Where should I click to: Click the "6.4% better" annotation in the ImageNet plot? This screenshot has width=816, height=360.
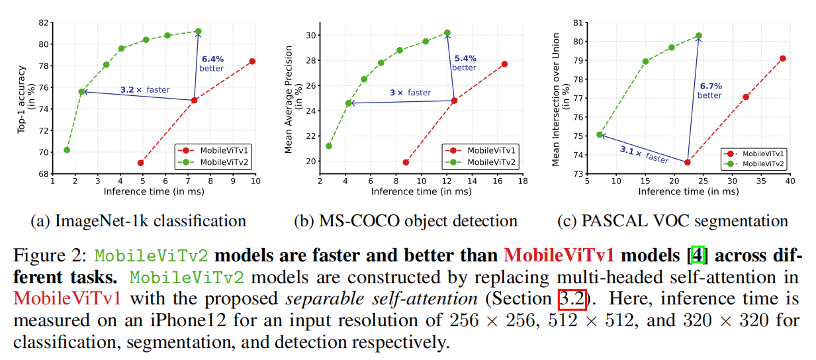pyautogui.click(x=212, y=63)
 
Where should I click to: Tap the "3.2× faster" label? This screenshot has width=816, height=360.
pyautogui.click(x=144, y=90)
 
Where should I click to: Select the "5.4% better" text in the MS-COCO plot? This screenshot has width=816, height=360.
pyautogui.click(x=464, y=63)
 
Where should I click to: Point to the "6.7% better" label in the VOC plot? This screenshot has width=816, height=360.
pyautogui.click(x=709, y=91)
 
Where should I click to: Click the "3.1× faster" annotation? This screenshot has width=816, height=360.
pyautogui.click(x=644, y=154)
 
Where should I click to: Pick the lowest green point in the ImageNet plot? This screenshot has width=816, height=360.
pyautogui.click(x=67, y=150)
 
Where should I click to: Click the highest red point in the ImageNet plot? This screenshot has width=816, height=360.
pyautogui.click(x=252, y=62)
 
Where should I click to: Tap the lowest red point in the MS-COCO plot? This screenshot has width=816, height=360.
pyautogui.click(x=406, y=162)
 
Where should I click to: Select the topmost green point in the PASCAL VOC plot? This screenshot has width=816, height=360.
pyautogui.click(x=699, y=36)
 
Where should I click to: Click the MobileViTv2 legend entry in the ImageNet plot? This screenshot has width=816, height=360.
pyautogui.click(x=216, y=161)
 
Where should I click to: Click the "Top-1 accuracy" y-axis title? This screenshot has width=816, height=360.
pyautogui.click(x=21, y=99)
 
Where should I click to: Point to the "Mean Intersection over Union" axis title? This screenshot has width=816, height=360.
pyautogui.click(x=556, y=99)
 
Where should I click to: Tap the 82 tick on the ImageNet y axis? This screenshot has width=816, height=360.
pyautogui.click(x=45, y=22)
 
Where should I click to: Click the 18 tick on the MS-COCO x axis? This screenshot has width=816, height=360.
pyautogui.click(x=522, y=181)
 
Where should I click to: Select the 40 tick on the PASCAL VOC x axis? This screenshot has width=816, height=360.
pyautogui.click(x=789, y=181)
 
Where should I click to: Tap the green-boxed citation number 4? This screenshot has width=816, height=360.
pyautogui.click(x=692, y=255)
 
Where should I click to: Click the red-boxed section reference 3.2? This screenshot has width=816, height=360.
pyautogui.click(x=572, y=298)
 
